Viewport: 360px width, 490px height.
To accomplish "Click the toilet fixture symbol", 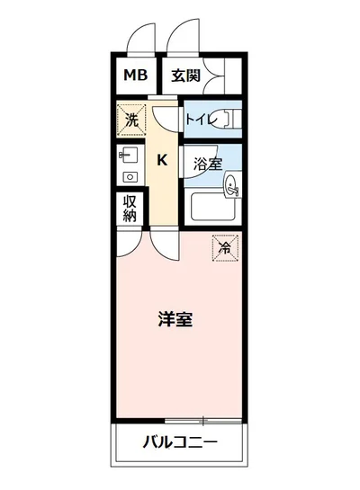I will pyautogui.click(x=229, y=118).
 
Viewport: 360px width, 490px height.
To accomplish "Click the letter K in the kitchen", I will pyautogui.click(x=162, y=161).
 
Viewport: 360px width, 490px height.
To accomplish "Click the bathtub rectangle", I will pyautogui.click(x=213, y=210).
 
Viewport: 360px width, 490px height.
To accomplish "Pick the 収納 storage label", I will pyautogui.click(x=130, y=209).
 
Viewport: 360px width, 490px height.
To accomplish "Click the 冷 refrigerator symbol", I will pyautogui.click(x=224, y=245).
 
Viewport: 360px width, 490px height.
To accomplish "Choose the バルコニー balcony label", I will pyautogui.click(x=180, y=442).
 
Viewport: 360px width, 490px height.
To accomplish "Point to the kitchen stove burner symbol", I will pyautogui.click(x=128, y=176).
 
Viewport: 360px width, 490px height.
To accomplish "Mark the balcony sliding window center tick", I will pyautogui.click(x=203, y=420).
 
